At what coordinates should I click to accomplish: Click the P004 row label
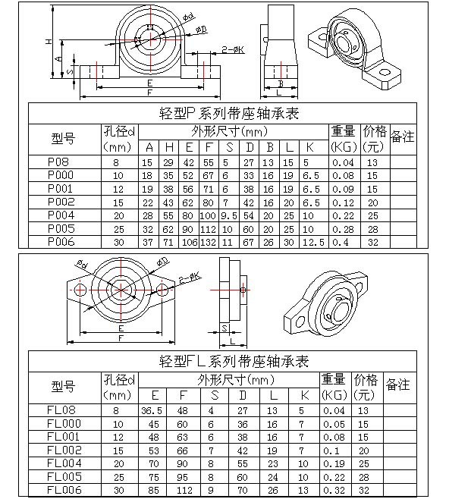pos(61,215)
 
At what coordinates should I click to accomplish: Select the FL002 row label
pos(64,450)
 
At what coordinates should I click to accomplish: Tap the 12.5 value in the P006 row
pos(313,243)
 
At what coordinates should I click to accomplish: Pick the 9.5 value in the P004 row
pos(229,216)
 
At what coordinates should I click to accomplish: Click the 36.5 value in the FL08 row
pos(152,411)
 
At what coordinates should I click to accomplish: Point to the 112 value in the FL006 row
pos(184,491)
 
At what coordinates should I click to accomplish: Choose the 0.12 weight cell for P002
pos(343,202)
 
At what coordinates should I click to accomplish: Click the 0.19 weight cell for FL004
pos(334,463)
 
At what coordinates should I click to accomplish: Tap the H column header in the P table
pos(169,147)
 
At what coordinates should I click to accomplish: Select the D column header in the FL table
pos(243,395)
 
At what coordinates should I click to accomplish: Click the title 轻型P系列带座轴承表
pos(229,114)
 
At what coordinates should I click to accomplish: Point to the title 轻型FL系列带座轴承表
pos(234,362)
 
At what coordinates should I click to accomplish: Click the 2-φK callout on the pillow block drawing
pos(233,49)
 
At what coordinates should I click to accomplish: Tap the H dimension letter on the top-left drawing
pos(48,41)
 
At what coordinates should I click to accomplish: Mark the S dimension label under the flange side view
pos(224,328)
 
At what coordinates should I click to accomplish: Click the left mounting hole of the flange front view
pos(80,290)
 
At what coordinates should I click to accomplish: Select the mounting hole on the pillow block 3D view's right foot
pos(385,72)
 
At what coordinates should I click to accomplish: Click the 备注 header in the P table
pos(403,137)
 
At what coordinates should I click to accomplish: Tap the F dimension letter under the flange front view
pos(121,338)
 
